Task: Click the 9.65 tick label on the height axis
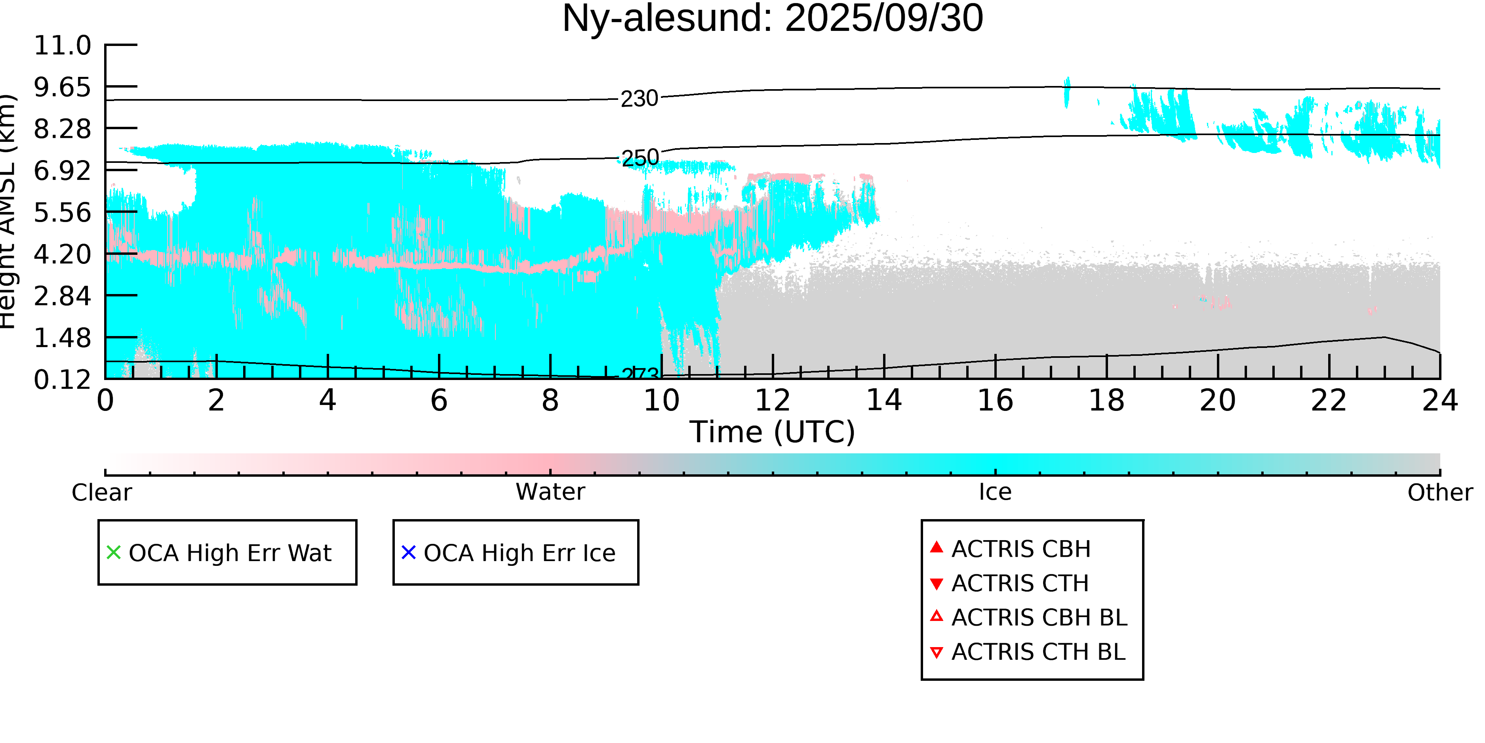pos(62,87)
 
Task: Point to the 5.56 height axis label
pos(62,212)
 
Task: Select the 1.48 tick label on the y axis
pos(62,338)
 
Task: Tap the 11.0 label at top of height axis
pos(62,46)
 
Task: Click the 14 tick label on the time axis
pos(884,400)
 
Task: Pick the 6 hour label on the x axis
pos(439,400)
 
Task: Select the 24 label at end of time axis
pos(1440,400)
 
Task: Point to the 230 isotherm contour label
pos(639,99)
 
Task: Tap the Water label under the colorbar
pos(550,492)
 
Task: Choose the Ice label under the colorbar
pos(995,492)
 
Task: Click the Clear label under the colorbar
pos(101,493)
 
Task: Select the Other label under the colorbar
pos(1439,493)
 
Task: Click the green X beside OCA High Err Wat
pos(114,553)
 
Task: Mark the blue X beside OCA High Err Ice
pos(408,553)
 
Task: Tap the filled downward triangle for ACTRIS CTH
pos(937,584)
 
